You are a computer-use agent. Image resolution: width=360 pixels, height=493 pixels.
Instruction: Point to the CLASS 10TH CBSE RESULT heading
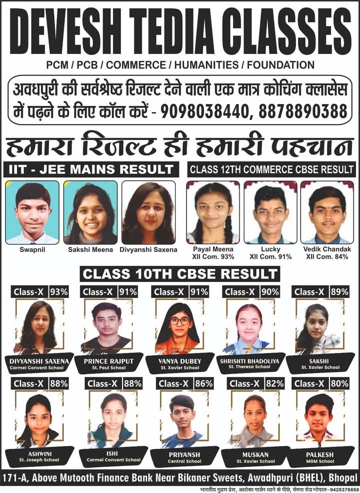[x=179, y=274]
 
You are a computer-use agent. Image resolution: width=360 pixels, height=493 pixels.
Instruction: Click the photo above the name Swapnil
[x=32, y=212]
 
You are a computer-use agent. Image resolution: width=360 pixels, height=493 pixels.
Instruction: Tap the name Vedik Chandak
[x=327, y=249]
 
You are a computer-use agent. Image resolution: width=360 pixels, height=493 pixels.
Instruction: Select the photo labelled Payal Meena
[x=213, y=212]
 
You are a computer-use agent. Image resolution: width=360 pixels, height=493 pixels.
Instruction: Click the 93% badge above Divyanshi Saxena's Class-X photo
[x=59, y=291]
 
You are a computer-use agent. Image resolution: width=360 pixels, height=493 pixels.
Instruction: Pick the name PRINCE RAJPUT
[x=108, y=360]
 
